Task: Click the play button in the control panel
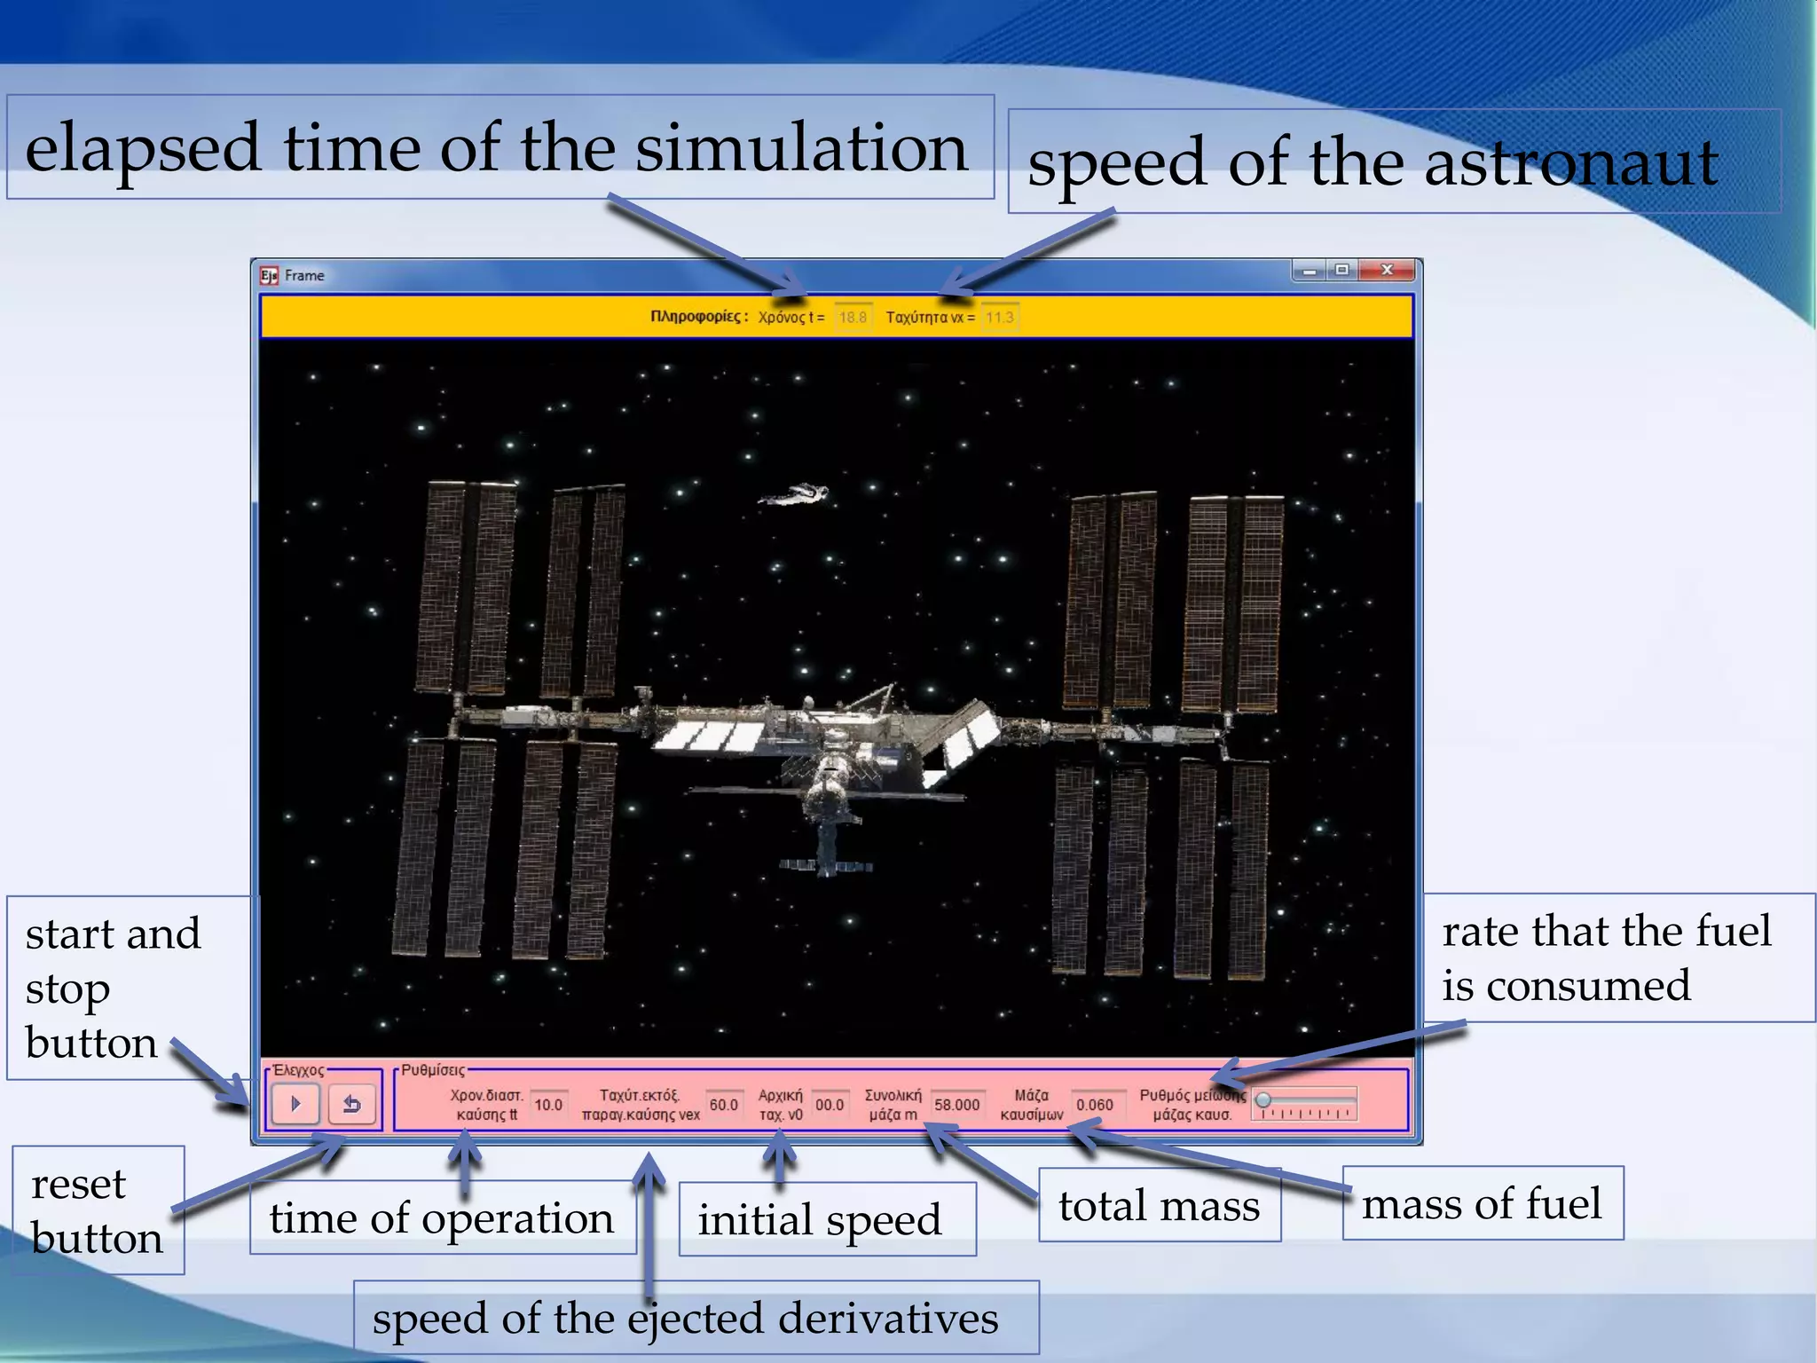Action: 295,1104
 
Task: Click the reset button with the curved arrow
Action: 351,1104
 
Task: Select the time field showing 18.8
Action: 853,317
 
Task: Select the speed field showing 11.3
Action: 1000,317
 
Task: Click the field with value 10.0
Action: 548,1105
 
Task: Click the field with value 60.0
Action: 723,1105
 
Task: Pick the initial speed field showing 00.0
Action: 829,1105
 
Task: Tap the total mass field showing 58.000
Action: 956,1105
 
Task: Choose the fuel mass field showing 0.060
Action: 1094,1105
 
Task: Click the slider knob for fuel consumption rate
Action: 1263,1100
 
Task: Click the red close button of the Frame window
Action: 1387,270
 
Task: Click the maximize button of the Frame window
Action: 1342,270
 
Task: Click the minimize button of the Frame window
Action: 1310,270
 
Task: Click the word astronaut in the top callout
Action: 1570,163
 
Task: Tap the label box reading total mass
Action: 1159,1206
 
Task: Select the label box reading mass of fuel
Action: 1482,1204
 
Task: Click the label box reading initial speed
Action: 819,1219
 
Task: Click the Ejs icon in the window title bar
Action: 269,275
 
